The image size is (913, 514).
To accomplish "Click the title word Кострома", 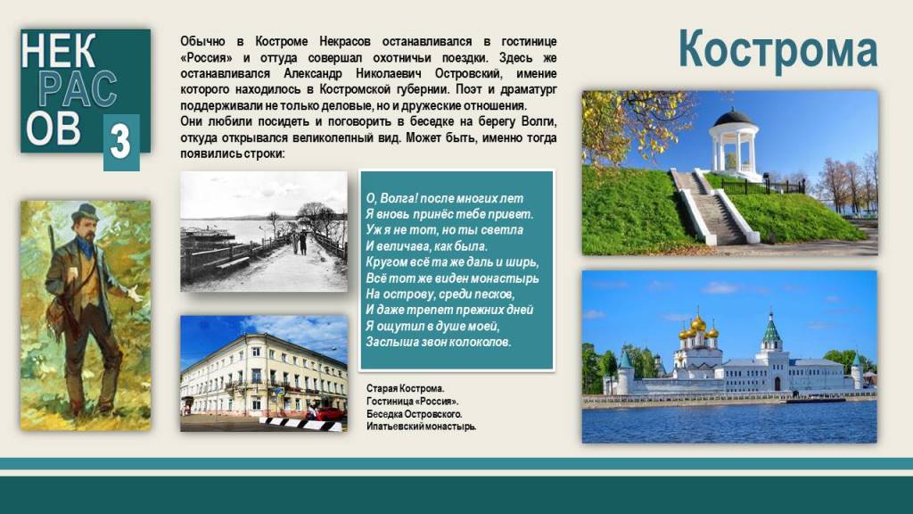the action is tap(777, 49).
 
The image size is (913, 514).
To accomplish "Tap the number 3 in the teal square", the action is tap(120, 142).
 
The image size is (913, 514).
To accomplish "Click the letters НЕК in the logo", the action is tap(58, 51).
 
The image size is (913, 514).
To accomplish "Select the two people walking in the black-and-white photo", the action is tap(299, 243).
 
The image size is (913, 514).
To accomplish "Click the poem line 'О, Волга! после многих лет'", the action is tap(445, 198).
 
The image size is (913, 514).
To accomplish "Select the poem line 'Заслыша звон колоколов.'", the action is tap(439, 342).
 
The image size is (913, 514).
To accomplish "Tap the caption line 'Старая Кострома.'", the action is tap(406, 389).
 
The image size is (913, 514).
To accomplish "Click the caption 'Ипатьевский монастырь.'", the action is tap(421, 427).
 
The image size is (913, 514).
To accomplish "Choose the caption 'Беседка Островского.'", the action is tap(414, 414).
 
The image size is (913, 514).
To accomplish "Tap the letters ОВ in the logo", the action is tap(53, 128).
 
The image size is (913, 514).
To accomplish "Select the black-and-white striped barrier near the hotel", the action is tap(300, 424).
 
